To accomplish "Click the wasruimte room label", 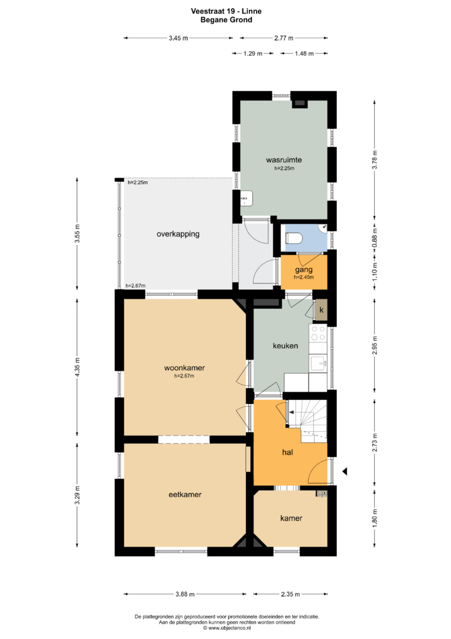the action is (284, 160).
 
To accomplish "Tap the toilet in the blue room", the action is (293, 238).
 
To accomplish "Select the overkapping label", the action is (178, 234).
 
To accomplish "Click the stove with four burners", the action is (318, 333).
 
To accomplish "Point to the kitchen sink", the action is (319, 363).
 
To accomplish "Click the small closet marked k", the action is (321, 310).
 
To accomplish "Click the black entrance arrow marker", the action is (345, 472).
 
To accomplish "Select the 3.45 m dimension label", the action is (179, 38).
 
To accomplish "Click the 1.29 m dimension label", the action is (253, 53).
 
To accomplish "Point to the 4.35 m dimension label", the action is (77, 366).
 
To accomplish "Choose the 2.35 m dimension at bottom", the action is (290, 594).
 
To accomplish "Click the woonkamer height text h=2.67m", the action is (184, 376).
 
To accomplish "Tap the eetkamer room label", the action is (185, 494).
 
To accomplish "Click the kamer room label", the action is (291, 518).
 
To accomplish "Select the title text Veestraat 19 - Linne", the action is (226, 11).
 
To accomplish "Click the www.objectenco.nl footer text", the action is (227, 628).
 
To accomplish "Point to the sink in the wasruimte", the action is (246, 198).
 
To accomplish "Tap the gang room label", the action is (304, 270).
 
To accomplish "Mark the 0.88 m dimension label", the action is (375, 235).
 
